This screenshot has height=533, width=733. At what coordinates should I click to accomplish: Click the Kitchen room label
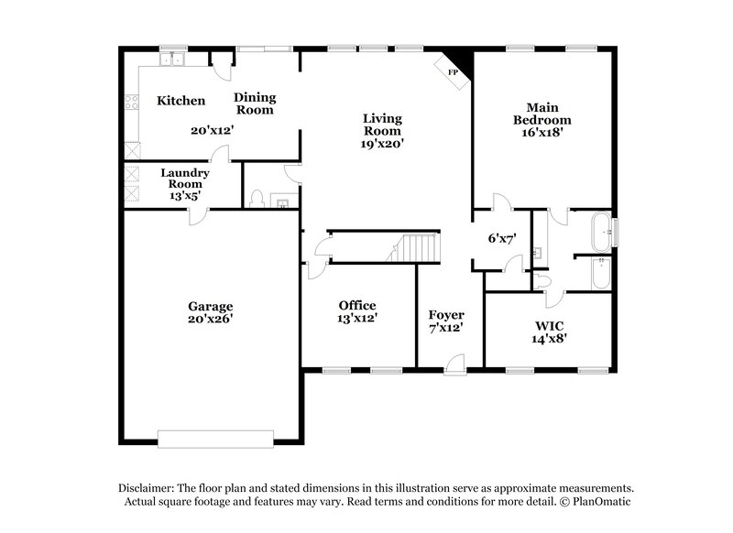(181, 101)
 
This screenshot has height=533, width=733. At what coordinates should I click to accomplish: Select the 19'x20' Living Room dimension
(382, 143)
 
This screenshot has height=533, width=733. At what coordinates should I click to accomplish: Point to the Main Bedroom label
(542, 113)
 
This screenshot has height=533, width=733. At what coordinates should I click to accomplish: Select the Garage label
(211, 306)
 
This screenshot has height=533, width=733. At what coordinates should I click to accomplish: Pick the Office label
(356, 305)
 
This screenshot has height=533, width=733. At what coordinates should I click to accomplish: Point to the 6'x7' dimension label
(502, 238)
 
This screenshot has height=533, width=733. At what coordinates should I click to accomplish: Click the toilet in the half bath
(258, 199)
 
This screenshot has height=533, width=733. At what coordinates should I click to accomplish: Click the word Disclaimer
(146, 488)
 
